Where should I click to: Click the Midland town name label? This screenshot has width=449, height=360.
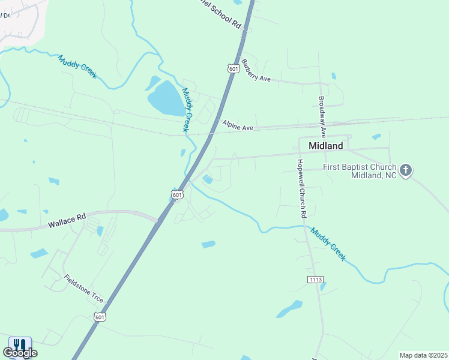325,146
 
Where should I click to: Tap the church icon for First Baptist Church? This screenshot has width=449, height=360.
406,170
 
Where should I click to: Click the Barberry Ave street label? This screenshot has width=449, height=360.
256,71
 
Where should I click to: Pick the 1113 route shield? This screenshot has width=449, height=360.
315,280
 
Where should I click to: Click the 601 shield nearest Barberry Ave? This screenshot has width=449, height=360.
234,68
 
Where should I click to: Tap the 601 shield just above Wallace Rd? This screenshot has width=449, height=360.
177,194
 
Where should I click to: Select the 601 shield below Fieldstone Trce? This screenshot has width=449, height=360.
100,317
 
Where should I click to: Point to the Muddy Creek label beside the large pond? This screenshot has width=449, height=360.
187,110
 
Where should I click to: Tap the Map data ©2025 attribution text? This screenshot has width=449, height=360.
423,355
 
